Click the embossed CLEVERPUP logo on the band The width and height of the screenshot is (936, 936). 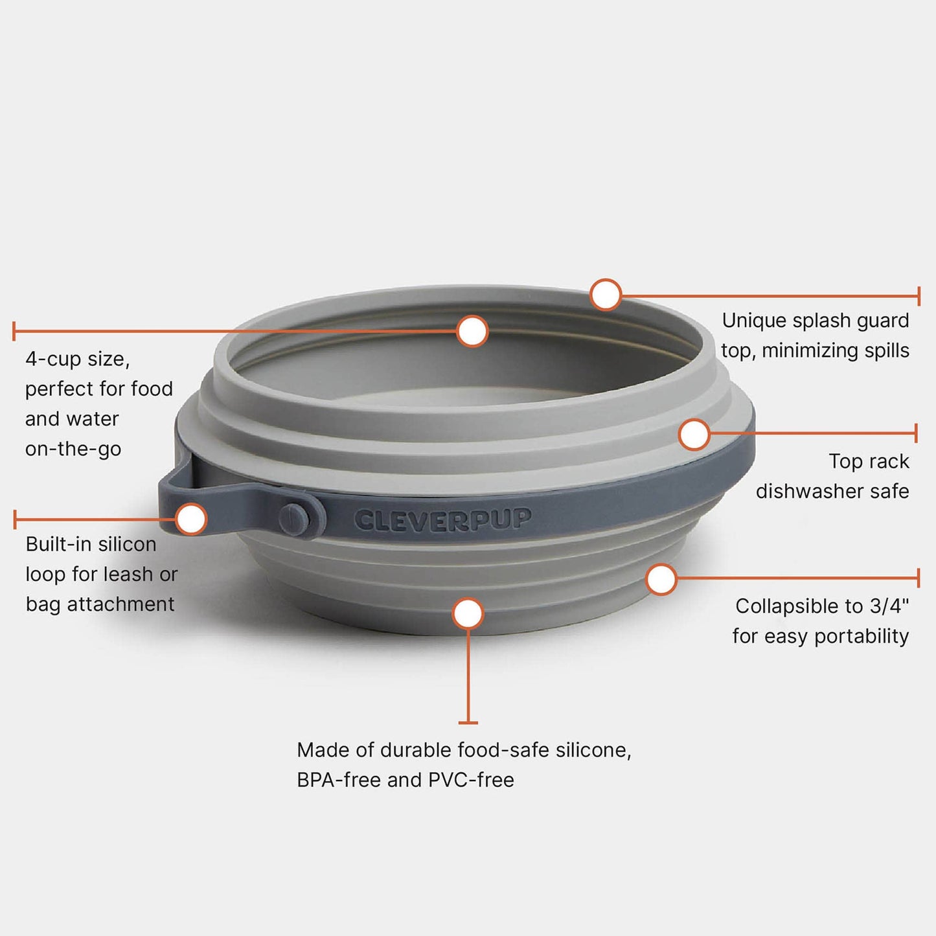pyautogui.click(x=443, y=519)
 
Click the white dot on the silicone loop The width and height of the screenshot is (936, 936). pyautogui.click(x=191, y=519)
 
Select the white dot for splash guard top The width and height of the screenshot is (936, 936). pyautogui.click(x=606, y=295)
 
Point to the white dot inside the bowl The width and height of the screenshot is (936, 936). pyautogui.click(x=472, y=332)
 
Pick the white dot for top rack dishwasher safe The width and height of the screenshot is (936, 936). pyautogui.click(x=694, y=434)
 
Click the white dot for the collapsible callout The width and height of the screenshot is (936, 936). pyautogui.click(x=661, y=579)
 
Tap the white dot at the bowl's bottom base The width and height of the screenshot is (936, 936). pyautogui.click(x=468, y=613)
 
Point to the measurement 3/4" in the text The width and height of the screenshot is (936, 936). pyautogui.click(x=889, y=606)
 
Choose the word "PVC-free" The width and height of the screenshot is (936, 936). pyautogui.click(x=471, y=780)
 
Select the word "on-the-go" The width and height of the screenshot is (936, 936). pyautogui.click(x=73, y=449)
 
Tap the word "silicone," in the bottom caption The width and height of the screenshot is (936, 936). pyautogui.click(x=594, y=750)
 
